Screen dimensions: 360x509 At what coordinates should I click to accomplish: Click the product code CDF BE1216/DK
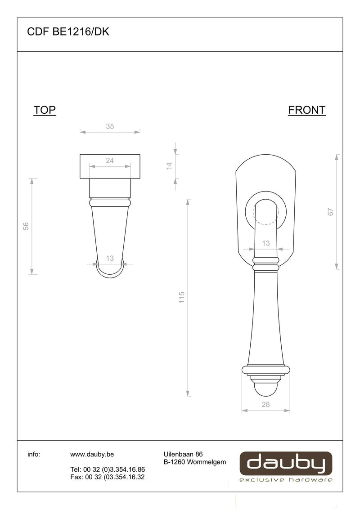click(68, 32)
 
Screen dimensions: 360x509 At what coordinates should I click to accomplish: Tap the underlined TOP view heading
click(45, 110)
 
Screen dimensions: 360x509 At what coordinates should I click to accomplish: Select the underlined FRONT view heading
click(307, 110)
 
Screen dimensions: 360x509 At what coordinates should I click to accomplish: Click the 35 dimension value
click(110, 126)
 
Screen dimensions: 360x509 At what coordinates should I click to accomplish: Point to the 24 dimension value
click(110, 161)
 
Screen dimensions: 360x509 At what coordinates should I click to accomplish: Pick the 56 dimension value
click(26, 226)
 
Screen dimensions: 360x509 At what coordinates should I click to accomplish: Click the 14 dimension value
click(169, 166)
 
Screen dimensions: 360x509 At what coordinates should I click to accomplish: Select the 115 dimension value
click(182, 297)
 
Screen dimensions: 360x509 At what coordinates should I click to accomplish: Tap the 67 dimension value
click(331, 212)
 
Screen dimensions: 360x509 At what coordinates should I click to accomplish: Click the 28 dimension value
click(266, 405)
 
